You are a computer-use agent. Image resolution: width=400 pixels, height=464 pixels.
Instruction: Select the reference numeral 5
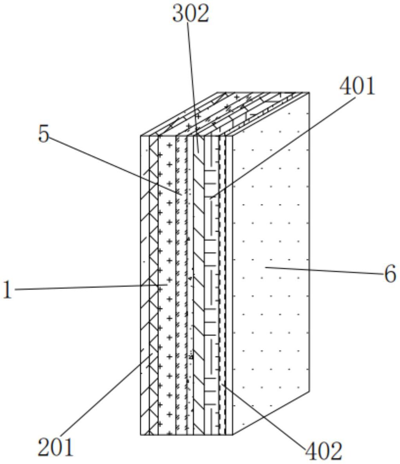coord(44,134)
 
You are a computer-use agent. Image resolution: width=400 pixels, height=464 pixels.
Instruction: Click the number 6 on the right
coord(390,274)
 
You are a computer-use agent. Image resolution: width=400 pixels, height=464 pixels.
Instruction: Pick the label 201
coord(56,447)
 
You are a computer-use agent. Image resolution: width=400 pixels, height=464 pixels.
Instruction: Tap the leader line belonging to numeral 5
coord(114,164)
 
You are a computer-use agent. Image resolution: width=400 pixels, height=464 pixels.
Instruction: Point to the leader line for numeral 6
coord(325,271)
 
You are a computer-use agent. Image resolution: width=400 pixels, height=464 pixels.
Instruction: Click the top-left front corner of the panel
coord(141,136)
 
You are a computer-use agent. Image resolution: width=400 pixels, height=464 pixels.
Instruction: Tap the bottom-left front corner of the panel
coord(141,435)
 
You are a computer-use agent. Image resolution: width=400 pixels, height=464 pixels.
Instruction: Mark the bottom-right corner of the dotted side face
coord(309,390)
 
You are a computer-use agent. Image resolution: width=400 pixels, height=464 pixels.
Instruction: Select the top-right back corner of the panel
coord(309,93)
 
